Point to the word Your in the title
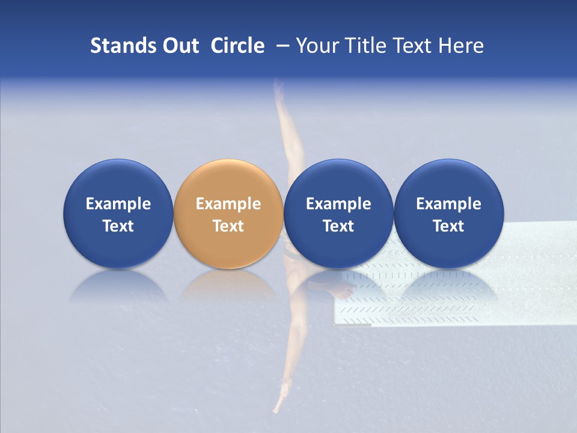pyautogui.click(x=318, y=46)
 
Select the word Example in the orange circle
pyautogui.click(x=228, y=204)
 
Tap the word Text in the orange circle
pyautogui.click(x=228, y=226)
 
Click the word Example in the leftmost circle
pyautogui.click(x=118, y=204)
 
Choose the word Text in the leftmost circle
pyautogui.click(x=118, y=226)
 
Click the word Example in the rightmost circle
pyautogui.click(x=449, y=204)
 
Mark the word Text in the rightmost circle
pyautogui.click(x=449, y=226)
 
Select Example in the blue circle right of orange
pyautogui.click(x=338, y=204)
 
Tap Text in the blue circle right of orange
pyautogui.click(x=338, y=226)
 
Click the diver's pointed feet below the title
pyautogui.click(x=278, y=89)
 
